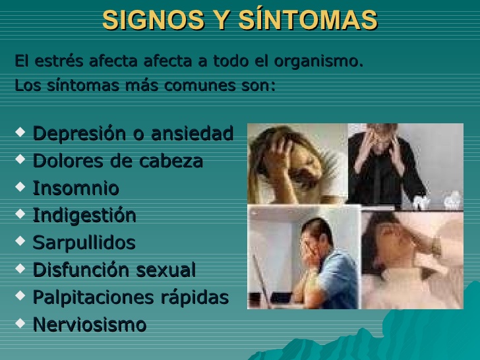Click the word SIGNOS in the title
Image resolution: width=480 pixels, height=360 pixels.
pyautogui.click(x=154, y=20)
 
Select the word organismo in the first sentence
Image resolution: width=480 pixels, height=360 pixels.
pyautogui.click(x=318, y=61)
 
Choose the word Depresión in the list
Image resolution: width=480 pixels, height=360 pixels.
pyautogui.click(x=79, y=134)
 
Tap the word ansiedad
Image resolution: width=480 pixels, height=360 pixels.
pyautogui.click(x=193, y=133)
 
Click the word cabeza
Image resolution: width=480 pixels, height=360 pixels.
pyautogui.click(x=171, y=160)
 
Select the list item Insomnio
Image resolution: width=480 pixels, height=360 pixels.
pyautogui.click(x=76, y=188)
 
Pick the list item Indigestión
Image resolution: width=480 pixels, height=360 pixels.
pyautogui.click(x=84, y=216)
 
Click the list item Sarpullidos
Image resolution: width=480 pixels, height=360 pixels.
pyautogui.click(x=84, y=243)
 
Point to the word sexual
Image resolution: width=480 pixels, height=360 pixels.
pyautogui.click(x=165, y=270)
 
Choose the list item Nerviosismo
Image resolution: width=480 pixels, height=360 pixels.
pyautogui.click(x=90, y=324)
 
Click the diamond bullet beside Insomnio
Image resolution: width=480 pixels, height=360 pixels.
pyautogui.click(x=20, y=187)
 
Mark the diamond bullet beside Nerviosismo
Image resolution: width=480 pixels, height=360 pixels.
pyautogui.click(x=20, y=323)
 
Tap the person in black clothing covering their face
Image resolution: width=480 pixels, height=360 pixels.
pyautogui.click(x=384, y=165)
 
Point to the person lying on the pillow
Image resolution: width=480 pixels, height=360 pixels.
pyautogui.click(x=407, y=254)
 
